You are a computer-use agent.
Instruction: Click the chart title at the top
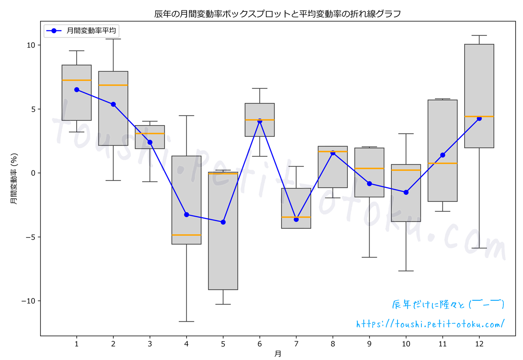point(278,14)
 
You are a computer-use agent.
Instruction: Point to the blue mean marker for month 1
point(77,89)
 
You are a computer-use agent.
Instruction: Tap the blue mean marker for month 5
point(223,222)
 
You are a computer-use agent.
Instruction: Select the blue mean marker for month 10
point(406,192)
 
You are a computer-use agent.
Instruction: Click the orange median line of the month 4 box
point(187,235)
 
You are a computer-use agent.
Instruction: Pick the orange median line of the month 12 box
point(479,116)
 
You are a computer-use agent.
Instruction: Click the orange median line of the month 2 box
point(113,85)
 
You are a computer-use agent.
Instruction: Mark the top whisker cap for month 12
point(479,35)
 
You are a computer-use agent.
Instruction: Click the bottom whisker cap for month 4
point(187,322)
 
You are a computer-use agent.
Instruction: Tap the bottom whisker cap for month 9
point(370,257)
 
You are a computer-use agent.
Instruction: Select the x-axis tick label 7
point(296,344)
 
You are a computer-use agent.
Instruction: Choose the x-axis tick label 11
point(443,344)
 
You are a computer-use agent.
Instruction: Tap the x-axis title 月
point(278,354)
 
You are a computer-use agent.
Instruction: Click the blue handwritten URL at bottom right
point(431,324)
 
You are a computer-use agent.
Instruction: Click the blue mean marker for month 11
point(443,155)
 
